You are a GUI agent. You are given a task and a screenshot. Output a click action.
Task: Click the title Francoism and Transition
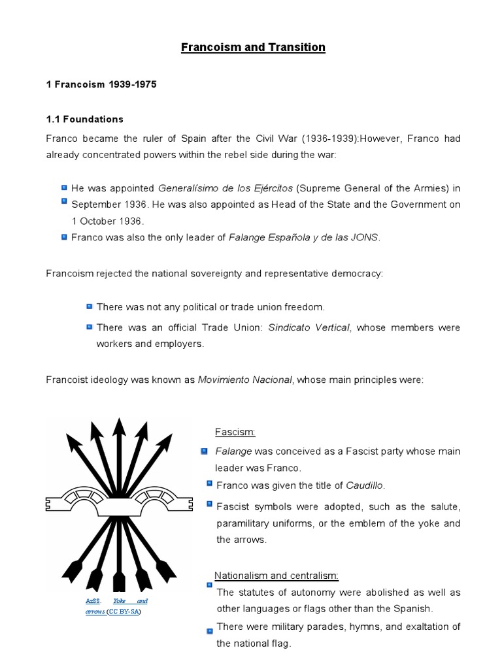253,47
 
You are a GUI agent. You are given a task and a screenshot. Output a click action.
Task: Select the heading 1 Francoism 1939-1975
101,86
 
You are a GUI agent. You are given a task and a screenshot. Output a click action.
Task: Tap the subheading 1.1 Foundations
84,120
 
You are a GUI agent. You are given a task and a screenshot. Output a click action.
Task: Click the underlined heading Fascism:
235,432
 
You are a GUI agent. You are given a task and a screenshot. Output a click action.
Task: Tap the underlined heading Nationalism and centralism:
276,576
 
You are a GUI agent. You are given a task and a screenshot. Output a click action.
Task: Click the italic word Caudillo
364,485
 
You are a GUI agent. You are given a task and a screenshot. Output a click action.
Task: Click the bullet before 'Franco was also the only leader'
64,237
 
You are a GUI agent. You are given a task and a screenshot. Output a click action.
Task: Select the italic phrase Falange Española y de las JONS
303,238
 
